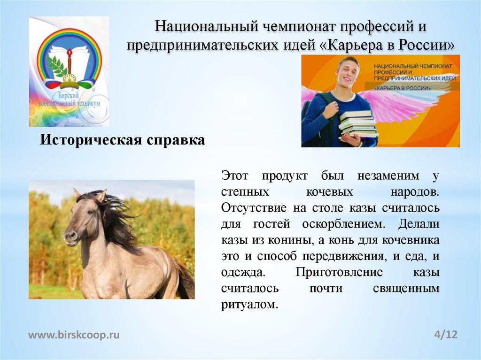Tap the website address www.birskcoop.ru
74,335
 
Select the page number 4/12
446,335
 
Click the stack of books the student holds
358,123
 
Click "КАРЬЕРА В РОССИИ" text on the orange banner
403,88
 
